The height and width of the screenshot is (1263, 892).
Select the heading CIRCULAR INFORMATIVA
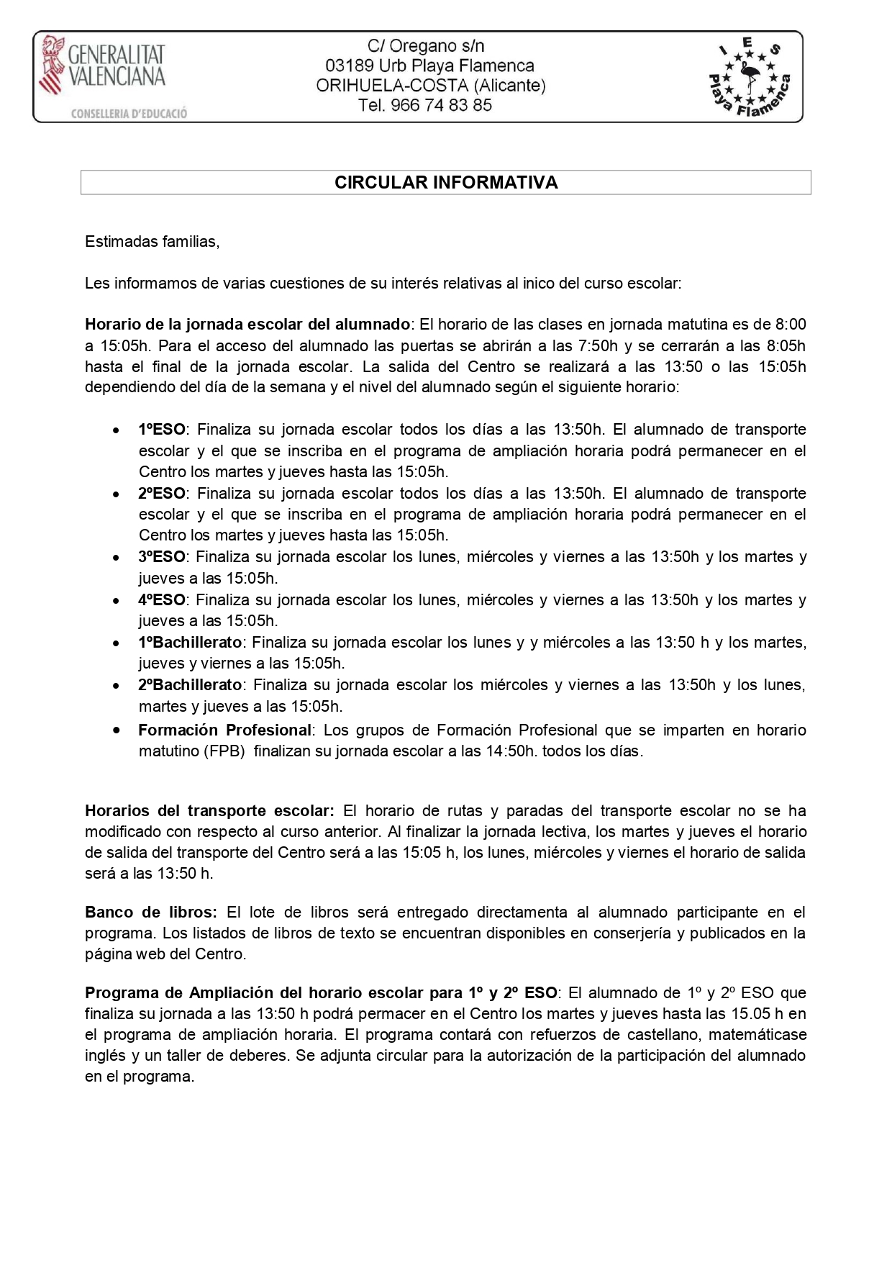pos(446,183)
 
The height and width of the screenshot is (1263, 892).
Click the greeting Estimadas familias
pos(152,242)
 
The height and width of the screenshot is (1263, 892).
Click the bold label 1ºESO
pos(162,430)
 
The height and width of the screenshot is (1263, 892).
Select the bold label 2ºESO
pos(162,494)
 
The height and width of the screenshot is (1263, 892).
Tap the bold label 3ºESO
pos(162,557)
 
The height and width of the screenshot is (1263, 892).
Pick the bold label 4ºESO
pos(162,599)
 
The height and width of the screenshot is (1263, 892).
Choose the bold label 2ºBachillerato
pos(191,684)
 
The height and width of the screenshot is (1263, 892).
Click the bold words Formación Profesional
pos(224,730)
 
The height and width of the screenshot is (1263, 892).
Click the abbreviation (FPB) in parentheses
pos(226,751)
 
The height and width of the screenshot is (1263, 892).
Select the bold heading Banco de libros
pos(150,913)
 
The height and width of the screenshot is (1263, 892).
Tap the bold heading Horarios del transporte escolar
pos(209,811)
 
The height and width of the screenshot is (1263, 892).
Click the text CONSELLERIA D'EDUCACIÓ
pos(129,114)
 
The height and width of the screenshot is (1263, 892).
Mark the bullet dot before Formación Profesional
pos(116,730)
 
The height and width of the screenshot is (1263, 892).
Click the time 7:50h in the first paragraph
pos(598,345)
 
